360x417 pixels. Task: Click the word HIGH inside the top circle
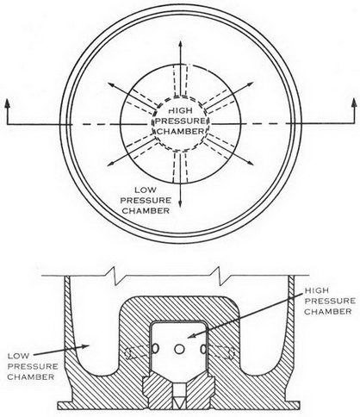coord(180,110)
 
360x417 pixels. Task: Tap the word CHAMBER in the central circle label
coord(181,132)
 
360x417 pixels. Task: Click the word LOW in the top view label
coord(146,190)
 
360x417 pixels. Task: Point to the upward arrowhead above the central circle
coord(180,44)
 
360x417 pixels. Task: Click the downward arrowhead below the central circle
coord(180,203)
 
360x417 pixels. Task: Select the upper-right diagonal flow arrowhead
coord(250,84)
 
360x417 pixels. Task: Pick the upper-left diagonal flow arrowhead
coord(111,84)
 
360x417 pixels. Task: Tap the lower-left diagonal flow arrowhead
coord(111,164)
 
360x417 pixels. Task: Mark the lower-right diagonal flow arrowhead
coord(250,163)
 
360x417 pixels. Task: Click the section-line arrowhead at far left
coord(7,103)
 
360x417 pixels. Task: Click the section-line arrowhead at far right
coord(354,103)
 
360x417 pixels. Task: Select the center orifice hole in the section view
coord(179,349)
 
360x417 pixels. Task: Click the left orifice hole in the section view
coord(155,349)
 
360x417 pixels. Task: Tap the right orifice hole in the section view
coord(203,349)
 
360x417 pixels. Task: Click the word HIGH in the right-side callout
coord(316,290)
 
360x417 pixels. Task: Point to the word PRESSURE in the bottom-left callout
coord(33,366)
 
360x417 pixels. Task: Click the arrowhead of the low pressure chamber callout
coord(85,345)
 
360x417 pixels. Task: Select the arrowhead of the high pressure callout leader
coord(192,335)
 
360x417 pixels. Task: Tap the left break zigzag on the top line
coord(115,276)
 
